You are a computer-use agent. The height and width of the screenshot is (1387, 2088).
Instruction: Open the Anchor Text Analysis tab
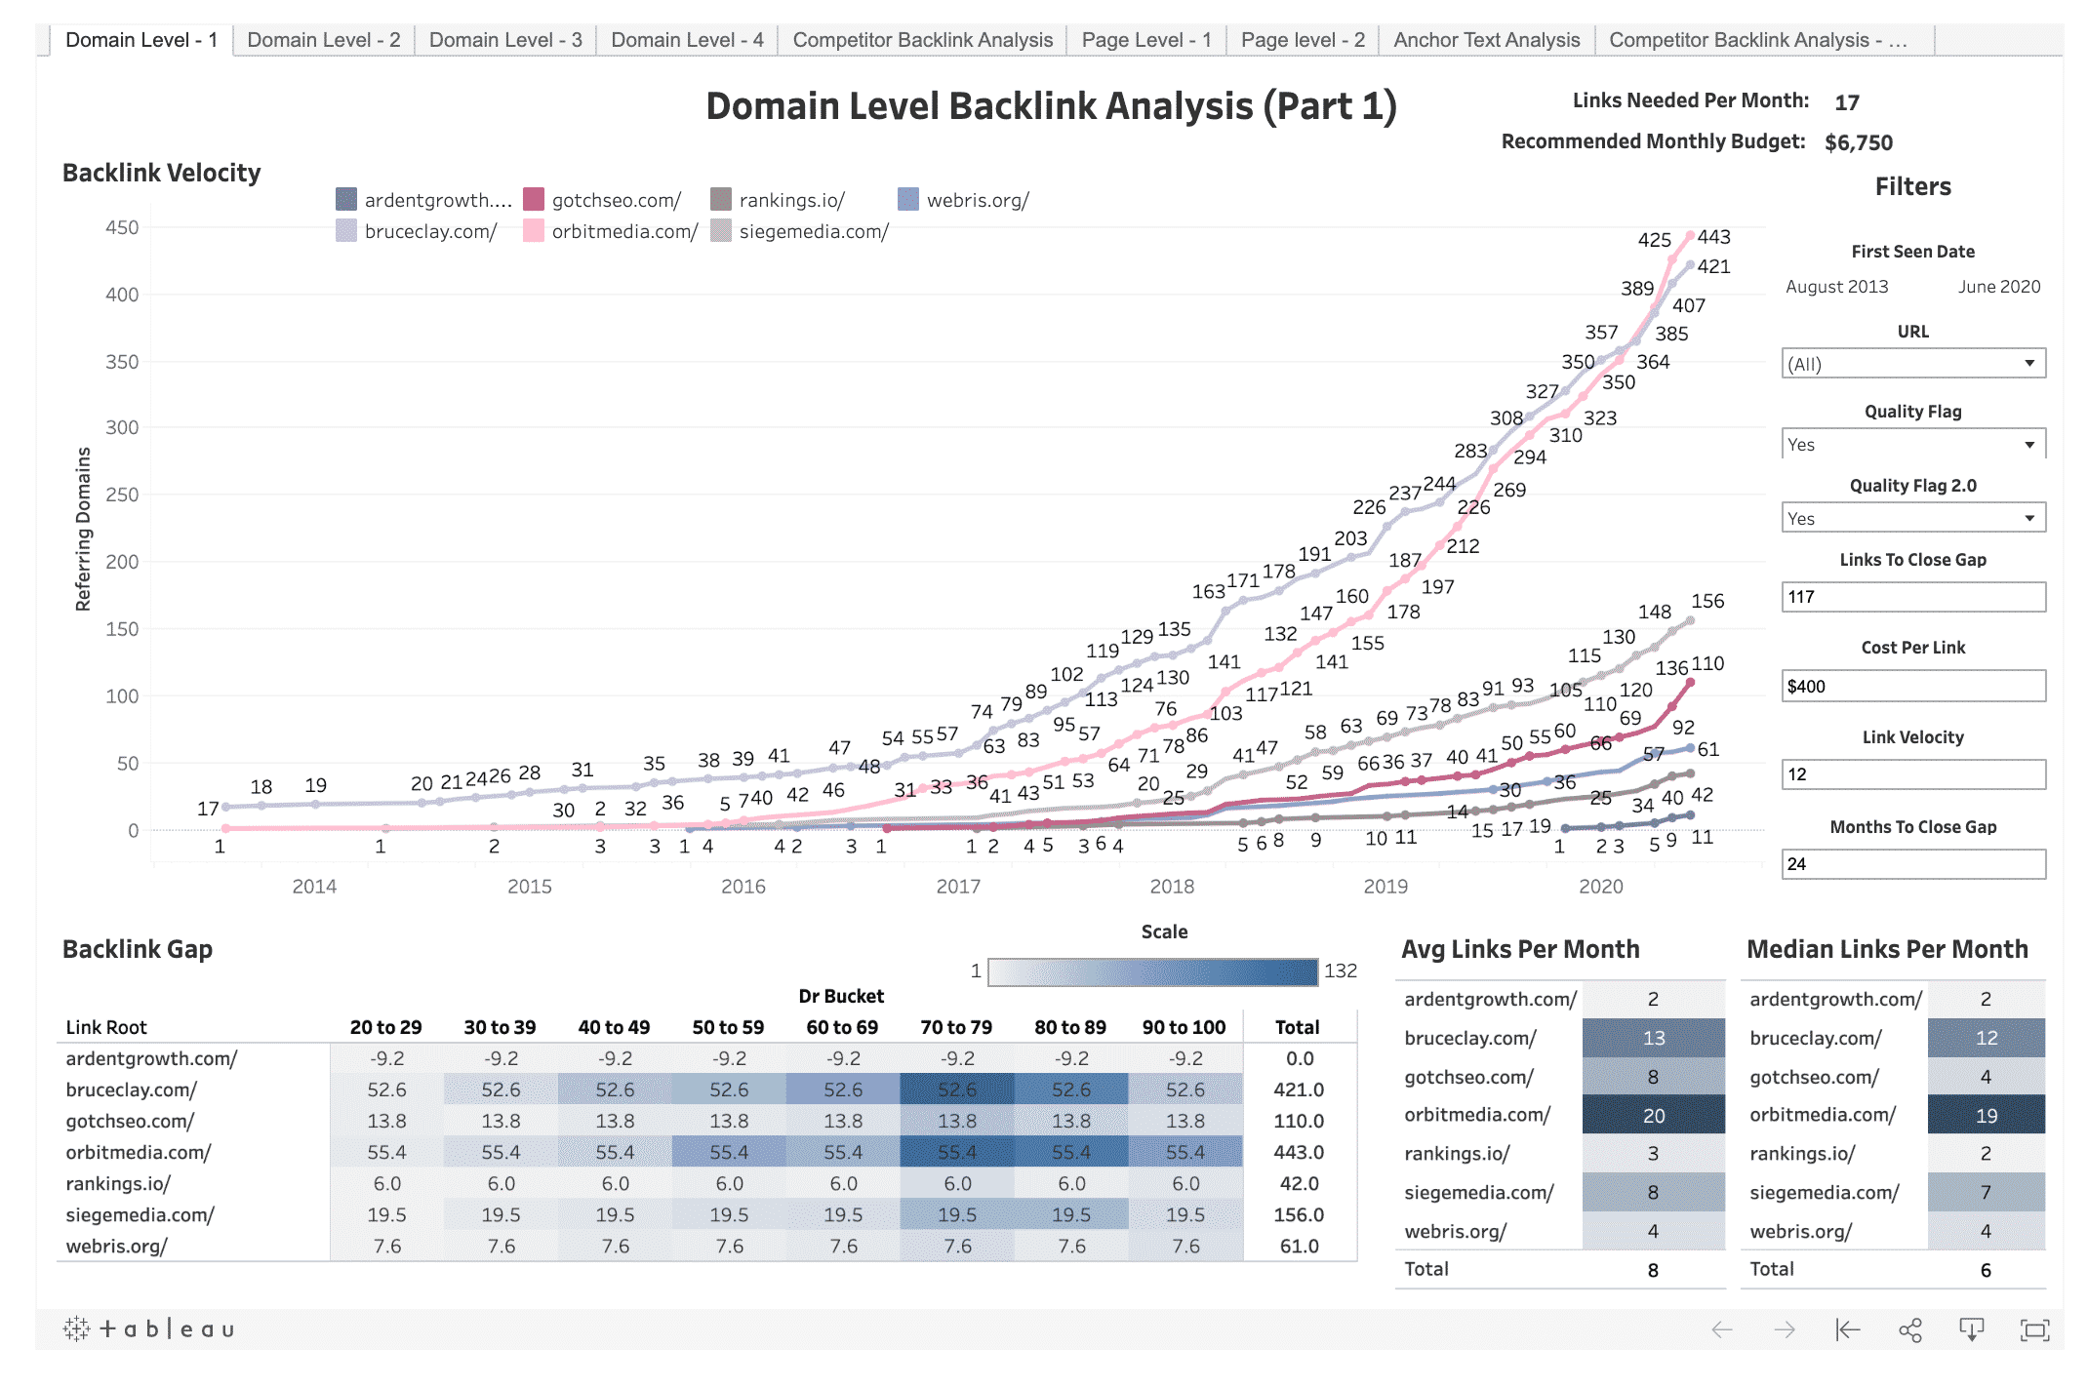pyautogui.click(x=1485, y=40)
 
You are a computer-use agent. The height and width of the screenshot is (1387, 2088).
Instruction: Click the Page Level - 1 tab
pyautogui.click(x=1145, y=40)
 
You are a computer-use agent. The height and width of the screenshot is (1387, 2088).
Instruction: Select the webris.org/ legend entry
pyautogui.click(x=977, y=200)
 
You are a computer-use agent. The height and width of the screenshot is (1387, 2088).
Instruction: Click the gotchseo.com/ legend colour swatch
pyautogui.click(x=534, y=200)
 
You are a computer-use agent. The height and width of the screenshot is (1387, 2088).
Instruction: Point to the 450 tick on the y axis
pyautogui.click(x=122, y=227)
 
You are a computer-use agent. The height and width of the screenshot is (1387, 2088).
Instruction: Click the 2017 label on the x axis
pyautogui.click(x=957, y=886)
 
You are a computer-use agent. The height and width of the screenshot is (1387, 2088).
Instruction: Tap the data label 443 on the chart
pyautogui.click(x=1713, y=237)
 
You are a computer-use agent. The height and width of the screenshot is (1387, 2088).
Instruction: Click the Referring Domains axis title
pyautogui.click(x=84, y=529)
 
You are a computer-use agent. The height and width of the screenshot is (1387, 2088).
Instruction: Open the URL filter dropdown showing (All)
pyautogui.click(x=1912, y=364)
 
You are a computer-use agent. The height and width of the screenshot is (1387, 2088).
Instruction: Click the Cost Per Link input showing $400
pyautogui.click(x=1912, y=686)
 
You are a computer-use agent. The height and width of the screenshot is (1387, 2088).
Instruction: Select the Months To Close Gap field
pyautogui.click(x=1912, y=863)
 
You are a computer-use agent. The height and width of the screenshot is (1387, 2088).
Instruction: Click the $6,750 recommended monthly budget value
pyautogui.click(x=1858, y=142)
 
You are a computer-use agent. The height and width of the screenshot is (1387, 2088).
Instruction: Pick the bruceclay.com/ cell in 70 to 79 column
pyautogui.click(x=956, y=1090)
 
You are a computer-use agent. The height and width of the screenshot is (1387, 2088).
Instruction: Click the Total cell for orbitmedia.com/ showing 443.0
pyautogui.click(x=1298, y=1152)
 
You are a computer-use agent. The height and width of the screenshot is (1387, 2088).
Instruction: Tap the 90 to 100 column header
pyautogui.click(x=1184, y=1027)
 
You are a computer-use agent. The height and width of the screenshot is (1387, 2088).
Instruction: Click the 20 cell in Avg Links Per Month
pyautogui.click(x=1653, y=1115)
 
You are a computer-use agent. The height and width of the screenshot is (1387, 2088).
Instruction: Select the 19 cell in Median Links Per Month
pyautogui.click(x=1986, y=1115)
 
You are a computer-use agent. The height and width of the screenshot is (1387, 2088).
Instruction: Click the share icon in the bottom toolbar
pyautogui.click(x=1909, y=1329)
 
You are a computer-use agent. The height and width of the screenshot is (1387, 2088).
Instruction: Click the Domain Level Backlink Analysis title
pyautogui.click(x=1051, y=106)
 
